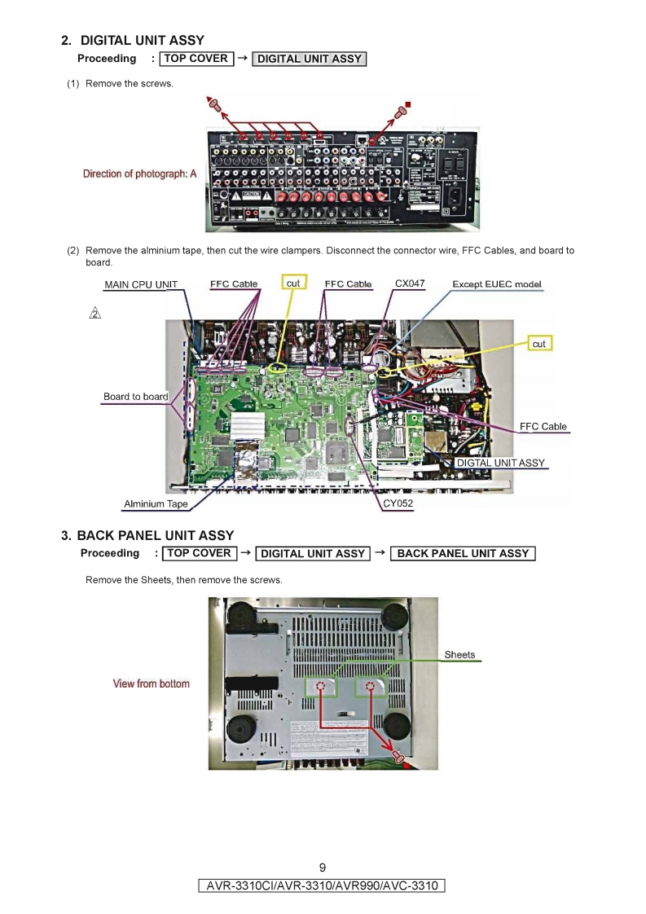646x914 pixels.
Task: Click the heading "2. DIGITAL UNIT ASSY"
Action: tap(133, 40)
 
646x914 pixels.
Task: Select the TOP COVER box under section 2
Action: tap(196, 59)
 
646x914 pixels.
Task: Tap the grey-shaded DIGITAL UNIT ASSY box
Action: tap(309, 59)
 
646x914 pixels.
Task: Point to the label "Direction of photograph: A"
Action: tap(139, 174)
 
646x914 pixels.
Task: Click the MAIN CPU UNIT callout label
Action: tap(141, 285)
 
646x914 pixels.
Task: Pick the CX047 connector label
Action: tap(410, 283)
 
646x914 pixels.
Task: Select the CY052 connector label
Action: tap(398, 503)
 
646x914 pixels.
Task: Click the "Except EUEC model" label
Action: tap(497, 284)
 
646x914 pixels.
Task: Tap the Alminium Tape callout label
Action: tap(156, 504)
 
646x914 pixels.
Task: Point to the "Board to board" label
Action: tap(135, 397)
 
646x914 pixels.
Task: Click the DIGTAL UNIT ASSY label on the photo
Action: tap(500, 463)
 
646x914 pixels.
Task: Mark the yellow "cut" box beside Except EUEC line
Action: tap(539, 344)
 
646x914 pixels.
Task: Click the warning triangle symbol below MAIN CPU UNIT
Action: tap(95, 314)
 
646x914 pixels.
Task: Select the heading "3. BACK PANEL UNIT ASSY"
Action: tap(147, 535)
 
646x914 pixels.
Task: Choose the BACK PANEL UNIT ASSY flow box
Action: tap(463, 553)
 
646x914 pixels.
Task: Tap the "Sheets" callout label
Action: tap(459, 655)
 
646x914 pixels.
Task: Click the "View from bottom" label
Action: tap(151, 683)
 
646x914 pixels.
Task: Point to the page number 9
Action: tap(323, 867)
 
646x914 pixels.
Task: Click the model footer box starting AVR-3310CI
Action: tap(323, 885)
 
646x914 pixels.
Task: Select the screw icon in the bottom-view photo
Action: tap(399, 757)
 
